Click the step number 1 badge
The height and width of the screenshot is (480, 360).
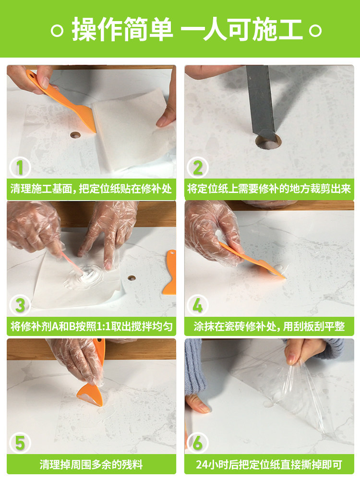(20, 168)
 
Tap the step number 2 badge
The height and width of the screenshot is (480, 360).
(198, 168)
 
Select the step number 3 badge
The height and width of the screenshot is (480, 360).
(20, 305)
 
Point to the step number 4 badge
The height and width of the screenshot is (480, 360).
(198, 305)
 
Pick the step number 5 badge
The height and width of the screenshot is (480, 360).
(20, 443)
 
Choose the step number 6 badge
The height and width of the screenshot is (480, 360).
(198, 443)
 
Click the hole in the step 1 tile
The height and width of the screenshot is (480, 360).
(75, 135)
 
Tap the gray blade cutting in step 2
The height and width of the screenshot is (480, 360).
(260, 101)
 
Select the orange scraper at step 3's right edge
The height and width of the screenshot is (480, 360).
(170, 273)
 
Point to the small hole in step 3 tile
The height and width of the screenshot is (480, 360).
(132, 278)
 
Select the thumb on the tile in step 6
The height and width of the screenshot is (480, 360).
(198, 404)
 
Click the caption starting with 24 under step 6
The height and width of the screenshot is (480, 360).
(269, 465)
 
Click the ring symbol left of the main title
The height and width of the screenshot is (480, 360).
(57, 31)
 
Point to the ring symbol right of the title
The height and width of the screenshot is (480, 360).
(315, 31)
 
